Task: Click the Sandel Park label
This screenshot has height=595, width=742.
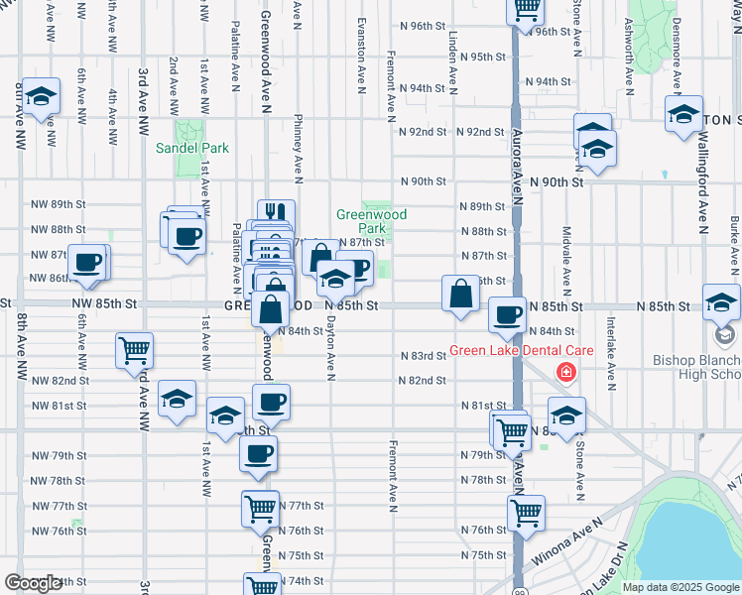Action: pos(192,148)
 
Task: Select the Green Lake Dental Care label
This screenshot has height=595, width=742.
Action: pos(521,350)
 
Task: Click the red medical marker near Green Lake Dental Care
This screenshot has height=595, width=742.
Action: pos(565,374)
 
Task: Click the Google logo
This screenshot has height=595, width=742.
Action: pos(33,583)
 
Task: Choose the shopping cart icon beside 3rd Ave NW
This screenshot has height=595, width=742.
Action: pos(134,349)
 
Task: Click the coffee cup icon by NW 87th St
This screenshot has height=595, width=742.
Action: pos(87,261)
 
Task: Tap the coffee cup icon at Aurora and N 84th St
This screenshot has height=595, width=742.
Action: pos(508,314)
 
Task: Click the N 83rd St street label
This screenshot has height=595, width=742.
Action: pos(424,355)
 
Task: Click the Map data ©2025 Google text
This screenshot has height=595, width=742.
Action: pos(680,587)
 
